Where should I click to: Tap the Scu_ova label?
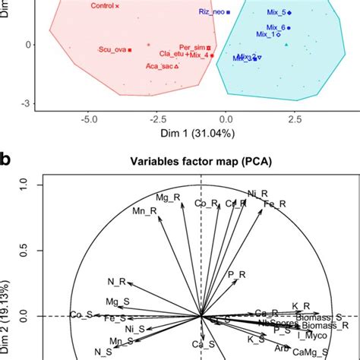(112, 49)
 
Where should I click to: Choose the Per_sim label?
(192, 46)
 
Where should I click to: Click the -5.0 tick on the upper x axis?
(89, 119)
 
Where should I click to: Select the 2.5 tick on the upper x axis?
(295, 119)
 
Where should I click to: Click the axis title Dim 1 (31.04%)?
(191, 134)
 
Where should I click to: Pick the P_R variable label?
(237, 274)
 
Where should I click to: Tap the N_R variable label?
(116, 282)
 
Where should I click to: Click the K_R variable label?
(301, 306)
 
